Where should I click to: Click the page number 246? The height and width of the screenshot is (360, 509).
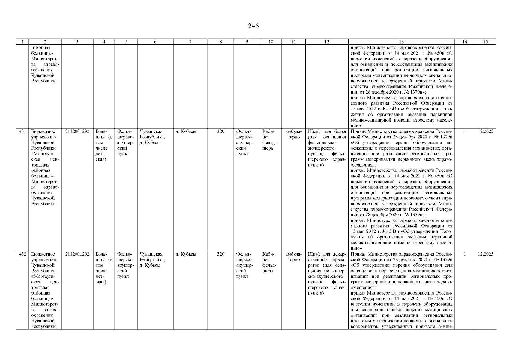(253, 26)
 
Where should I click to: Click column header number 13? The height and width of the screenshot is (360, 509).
(401, 42)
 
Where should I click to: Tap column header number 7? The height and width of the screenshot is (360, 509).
(190, 42)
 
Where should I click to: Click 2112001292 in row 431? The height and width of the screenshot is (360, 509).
(77, 131)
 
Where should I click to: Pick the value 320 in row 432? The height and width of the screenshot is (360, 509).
(220, 254)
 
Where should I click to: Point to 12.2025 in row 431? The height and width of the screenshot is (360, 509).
(485, 131)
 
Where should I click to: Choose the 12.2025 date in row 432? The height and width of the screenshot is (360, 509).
(485, 254)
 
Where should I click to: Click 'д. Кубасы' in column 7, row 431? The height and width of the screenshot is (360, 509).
(186, 131)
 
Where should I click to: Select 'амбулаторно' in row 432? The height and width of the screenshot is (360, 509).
(293, 257)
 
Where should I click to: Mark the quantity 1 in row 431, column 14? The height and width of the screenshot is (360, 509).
(465, 131)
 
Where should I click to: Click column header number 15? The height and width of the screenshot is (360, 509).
(485, 42)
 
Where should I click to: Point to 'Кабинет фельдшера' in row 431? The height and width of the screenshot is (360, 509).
(269, 140)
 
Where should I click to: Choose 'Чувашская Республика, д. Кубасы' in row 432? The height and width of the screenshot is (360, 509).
(152, 260)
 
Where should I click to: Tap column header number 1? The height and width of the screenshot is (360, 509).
(22, 42)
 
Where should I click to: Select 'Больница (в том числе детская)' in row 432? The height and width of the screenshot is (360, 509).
(103, 268)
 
